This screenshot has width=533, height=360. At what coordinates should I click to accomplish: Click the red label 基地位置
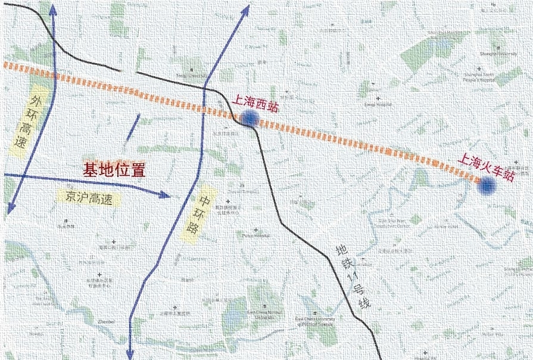pyautogui.click(x=114, y=170)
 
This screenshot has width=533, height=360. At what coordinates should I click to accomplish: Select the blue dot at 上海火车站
pyautogui.click(x=488, y=187)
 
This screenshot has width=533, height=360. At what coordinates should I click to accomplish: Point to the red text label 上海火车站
pyautogui.click(x=485, y=167)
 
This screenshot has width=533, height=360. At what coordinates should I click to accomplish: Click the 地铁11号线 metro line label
pyautogui.click(x=353, y=277)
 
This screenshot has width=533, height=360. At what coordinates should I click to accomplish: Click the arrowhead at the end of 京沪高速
pyautogui.click(x=167, y=194)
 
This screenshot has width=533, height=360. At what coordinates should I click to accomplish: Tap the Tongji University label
pyautogui.click(x=191, y=76)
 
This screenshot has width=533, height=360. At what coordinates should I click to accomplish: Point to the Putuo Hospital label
pyautogui.click(x=256, y=236)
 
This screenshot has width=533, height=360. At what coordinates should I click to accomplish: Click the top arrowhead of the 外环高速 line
pyautogui.click(x=52, y=7)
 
